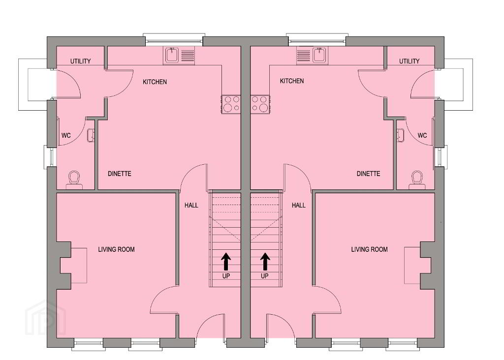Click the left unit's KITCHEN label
(155, 82)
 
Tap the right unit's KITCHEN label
(292, 81)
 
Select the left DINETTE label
(120, 174)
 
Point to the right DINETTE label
(368, 174)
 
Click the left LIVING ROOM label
(116, 249)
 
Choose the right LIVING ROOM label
(369, 249)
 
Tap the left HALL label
(191, 205)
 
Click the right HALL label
(299, 205)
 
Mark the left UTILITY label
(80, 61)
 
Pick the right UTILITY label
(409, 61)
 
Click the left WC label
(66, 136)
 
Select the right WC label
(422, 136)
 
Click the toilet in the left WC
(74, 180)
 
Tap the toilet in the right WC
(417, 180)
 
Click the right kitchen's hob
(260, 104)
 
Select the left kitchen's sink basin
(172, 55)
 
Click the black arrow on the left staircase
(226, 261)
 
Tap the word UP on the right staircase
(264, 276)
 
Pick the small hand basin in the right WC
(400, 135)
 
